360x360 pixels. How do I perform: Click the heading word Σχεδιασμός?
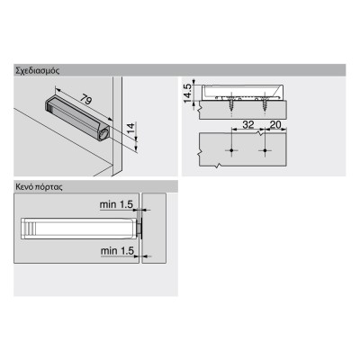pyautogui.click(x=36, y=69)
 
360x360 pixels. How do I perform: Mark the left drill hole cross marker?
pyautogui.click(x=230, y=149)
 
